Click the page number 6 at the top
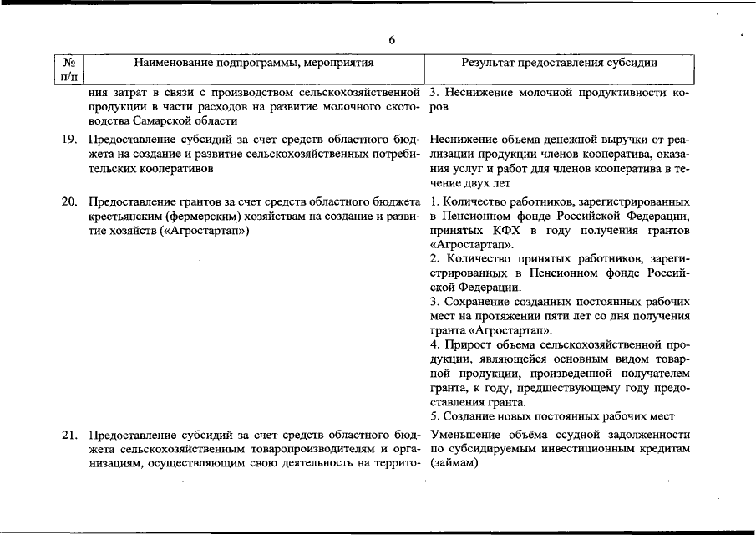click(x=391, y=39)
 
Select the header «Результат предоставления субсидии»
click(x=559, y=63)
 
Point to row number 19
click(x=69, y=140)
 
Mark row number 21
click(x=69, y=436)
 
